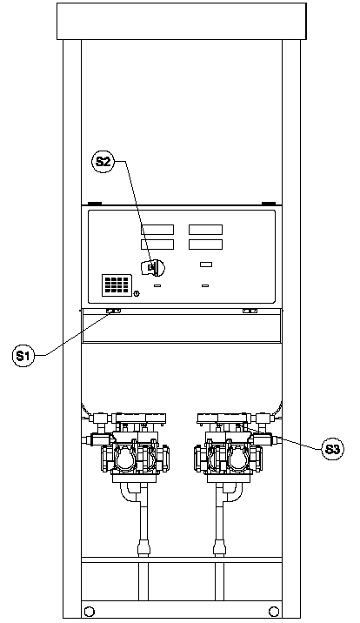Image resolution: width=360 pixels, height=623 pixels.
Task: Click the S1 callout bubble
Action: pyautogui.click(x=23, y=356)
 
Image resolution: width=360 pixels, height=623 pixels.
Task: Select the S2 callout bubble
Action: pyautogui.click(x=103, y=162)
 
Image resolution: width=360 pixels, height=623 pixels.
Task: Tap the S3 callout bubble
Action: pyautogui.click(x=332, y=449)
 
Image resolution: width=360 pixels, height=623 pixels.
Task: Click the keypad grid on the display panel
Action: pyautogui.click(x=117, y=285)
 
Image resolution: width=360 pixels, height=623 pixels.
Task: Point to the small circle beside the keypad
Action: pyautogui.click(x=137, y=294)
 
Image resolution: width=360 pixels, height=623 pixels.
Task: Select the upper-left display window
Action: pyautogui.click(x=157, y=230)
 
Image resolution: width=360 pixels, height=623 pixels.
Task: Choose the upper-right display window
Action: pyautogui.click(x=205, y=230)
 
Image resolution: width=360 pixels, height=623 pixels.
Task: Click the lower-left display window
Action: pyautogui.click(x=157, y=245)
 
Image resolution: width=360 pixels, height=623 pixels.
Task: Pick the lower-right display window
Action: pyautogui.click(x=205, y=245)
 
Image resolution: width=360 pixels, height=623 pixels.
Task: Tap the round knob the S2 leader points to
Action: pyautogui.click(x=154, y=268)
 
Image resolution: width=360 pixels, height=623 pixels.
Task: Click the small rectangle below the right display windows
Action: pyautogui.click(x=206, y=265)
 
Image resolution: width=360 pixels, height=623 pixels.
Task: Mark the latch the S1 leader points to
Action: pyautogui.click(x=114, y=311)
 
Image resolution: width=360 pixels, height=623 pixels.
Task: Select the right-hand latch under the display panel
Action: pyautogui.click(x=250, y=311)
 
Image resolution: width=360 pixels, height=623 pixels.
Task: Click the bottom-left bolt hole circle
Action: pyautogui.click(x=90, y=611)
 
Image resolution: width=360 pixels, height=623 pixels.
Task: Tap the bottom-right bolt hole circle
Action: pyautogui.click(x=273, y=611)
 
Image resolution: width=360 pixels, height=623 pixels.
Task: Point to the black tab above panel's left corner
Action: pyautogui.click(x=95, y=204)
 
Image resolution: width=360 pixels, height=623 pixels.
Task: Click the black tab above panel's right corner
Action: pyautogui.click(x=269, y=204)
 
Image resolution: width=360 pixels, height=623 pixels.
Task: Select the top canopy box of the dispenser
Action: pyautogui.click(x=182, y=22)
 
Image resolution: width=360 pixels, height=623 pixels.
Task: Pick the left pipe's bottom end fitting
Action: pyautogui.click(x=143, y=547)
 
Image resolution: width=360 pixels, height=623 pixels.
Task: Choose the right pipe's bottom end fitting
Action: pyautogui.click(x=220, y=547)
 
